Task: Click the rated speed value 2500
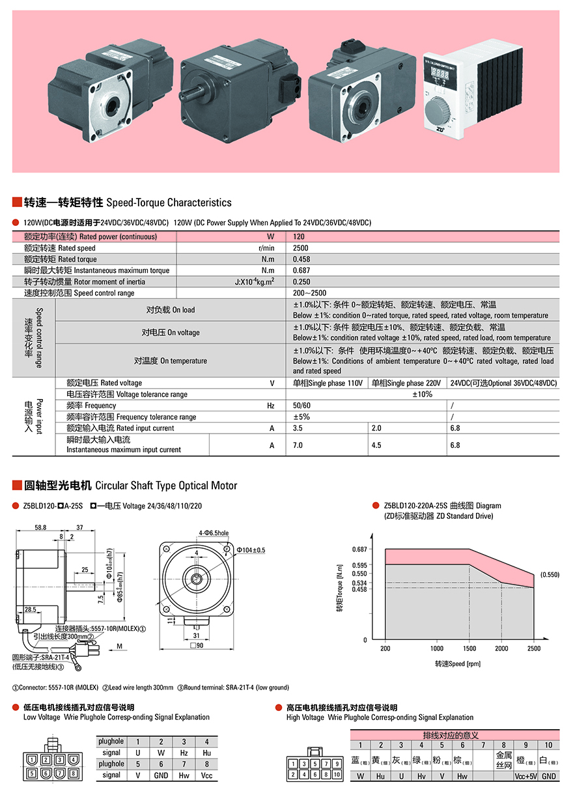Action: pos(301,248)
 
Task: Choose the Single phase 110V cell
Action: pos(327,383)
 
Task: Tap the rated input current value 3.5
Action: pos(298,428)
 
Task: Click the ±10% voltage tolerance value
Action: pos(423,395)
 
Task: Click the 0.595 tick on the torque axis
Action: pos(359,565)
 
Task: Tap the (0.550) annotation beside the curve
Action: pos(549,575)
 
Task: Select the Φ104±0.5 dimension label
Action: pos(251,550)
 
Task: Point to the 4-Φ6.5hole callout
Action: pos(214,532)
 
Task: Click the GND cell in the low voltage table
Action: pos(161,775)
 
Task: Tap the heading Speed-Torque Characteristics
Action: pos(169,202)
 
